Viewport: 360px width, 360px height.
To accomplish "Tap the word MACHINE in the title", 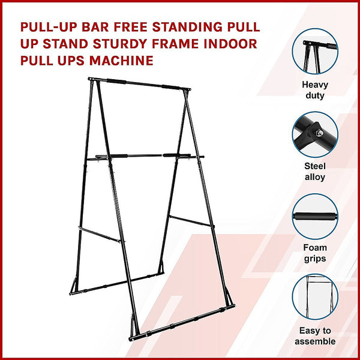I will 122,61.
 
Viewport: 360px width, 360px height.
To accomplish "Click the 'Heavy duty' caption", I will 314,90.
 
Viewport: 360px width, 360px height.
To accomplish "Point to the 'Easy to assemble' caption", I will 315,336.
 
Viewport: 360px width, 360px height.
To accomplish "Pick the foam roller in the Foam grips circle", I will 314,215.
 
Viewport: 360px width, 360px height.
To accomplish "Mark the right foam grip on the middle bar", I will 170,155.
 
